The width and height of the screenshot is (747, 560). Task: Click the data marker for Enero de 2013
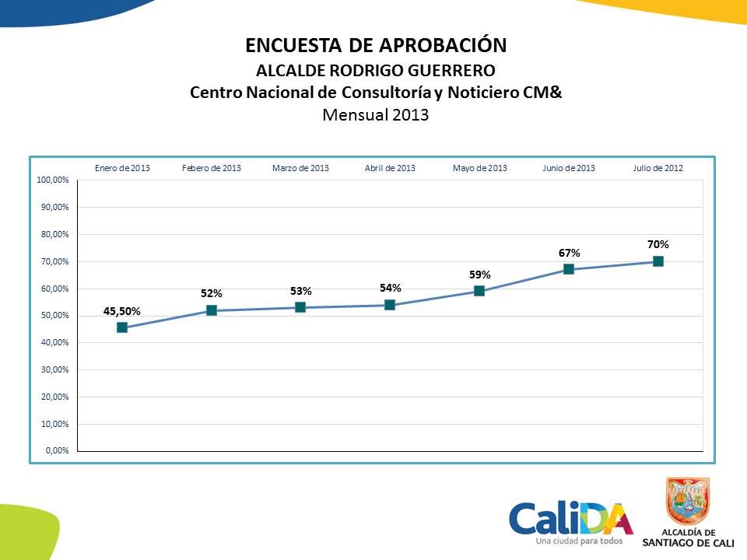122,327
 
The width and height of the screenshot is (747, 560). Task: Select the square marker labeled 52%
212,310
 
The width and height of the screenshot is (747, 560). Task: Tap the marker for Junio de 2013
569,269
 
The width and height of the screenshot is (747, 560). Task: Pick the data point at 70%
658,261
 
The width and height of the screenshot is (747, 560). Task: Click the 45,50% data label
122,311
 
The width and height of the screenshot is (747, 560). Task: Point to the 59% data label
479,275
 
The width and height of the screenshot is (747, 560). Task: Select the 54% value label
390,289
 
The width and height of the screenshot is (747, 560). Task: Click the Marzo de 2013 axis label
300,168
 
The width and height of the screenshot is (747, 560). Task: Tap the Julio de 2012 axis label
658,168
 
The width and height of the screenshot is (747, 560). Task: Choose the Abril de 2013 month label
390,168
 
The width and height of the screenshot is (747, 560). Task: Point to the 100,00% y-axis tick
53,180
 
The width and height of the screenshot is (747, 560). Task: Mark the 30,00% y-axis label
53,369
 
